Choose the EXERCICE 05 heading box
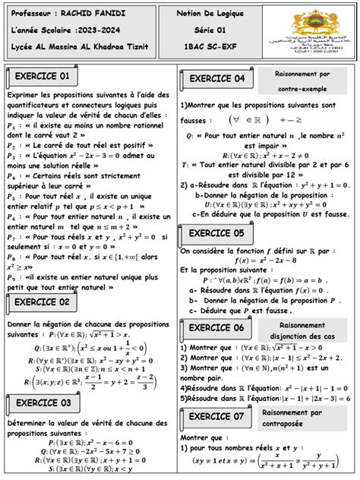(216, 232)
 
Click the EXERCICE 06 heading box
(216, 327)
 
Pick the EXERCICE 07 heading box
(216, 416)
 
